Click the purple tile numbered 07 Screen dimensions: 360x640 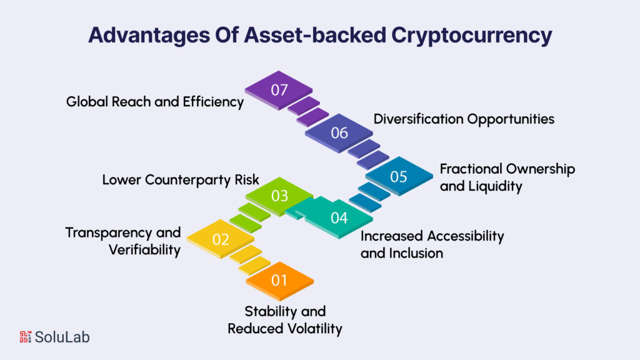point(279,90)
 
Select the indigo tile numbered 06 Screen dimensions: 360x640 point(339,132)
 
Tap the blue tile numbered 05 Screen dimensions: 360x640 point(399,176)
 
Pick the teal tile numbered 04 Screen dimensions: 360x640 point(338,218)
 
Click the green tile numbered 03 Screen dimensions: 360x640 point(279,196)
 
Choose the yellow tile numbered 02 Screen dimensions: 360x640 point(221,239)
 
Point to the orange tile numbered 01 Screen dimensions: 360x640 point(279,281)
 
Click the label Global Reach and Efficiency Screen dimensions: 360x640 point(155,102)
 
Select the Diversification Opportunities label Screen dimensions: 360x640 point(464,119)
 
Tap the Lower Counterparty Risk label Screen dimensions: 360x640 point(181,180)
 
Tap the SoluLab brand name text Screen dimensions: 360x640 point(62,337)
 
